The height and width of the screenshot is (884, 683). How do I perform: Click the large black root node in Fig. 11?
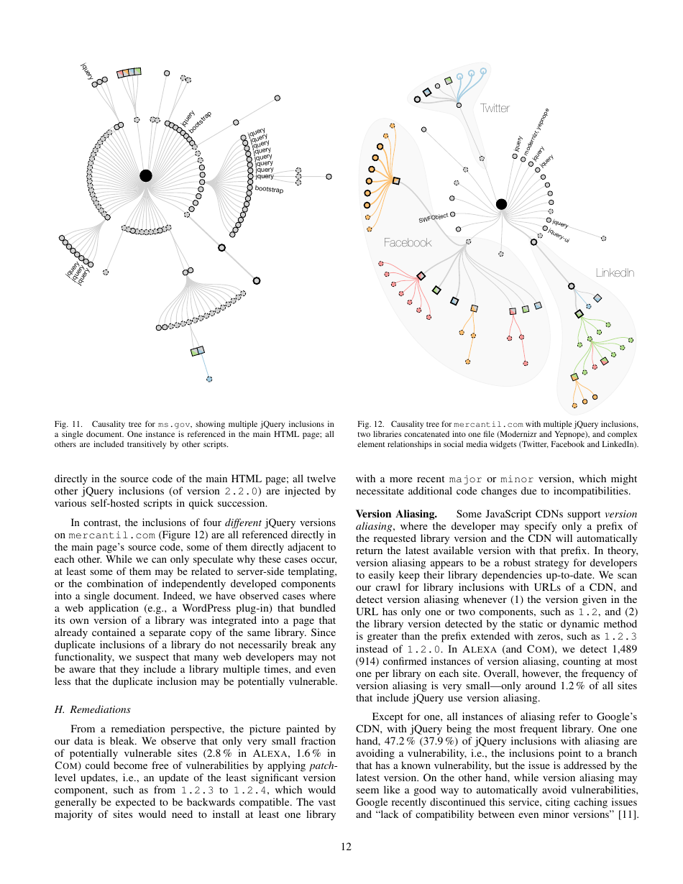[x=146, y=175]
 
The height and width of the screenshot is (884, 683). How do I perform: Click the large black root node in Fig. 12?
[x=501, y=204]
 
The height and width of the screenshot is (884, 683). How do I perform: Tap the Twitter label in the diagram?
[x=495, y=109]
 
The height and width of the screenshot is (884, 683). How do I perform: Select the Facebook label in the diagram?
[x=408, y=243]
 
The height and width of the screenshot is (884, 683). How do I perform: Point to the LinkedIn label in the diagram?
[x=615, y=273]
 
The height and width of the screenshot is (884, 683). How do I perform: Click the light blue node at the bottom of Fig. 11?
[x=209, y=379]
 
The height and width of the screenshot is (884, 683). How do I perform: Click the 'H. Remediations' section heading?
[x=92, y=709]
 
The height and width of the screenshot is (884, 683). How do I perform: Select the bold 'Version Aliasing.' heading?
[x=396, y=514]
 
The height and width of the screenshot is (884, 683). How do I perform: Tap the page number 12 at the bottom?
[x=346, y=847]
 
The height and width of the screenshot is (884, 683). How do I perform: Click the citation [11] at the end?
[x=628, y=815]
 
